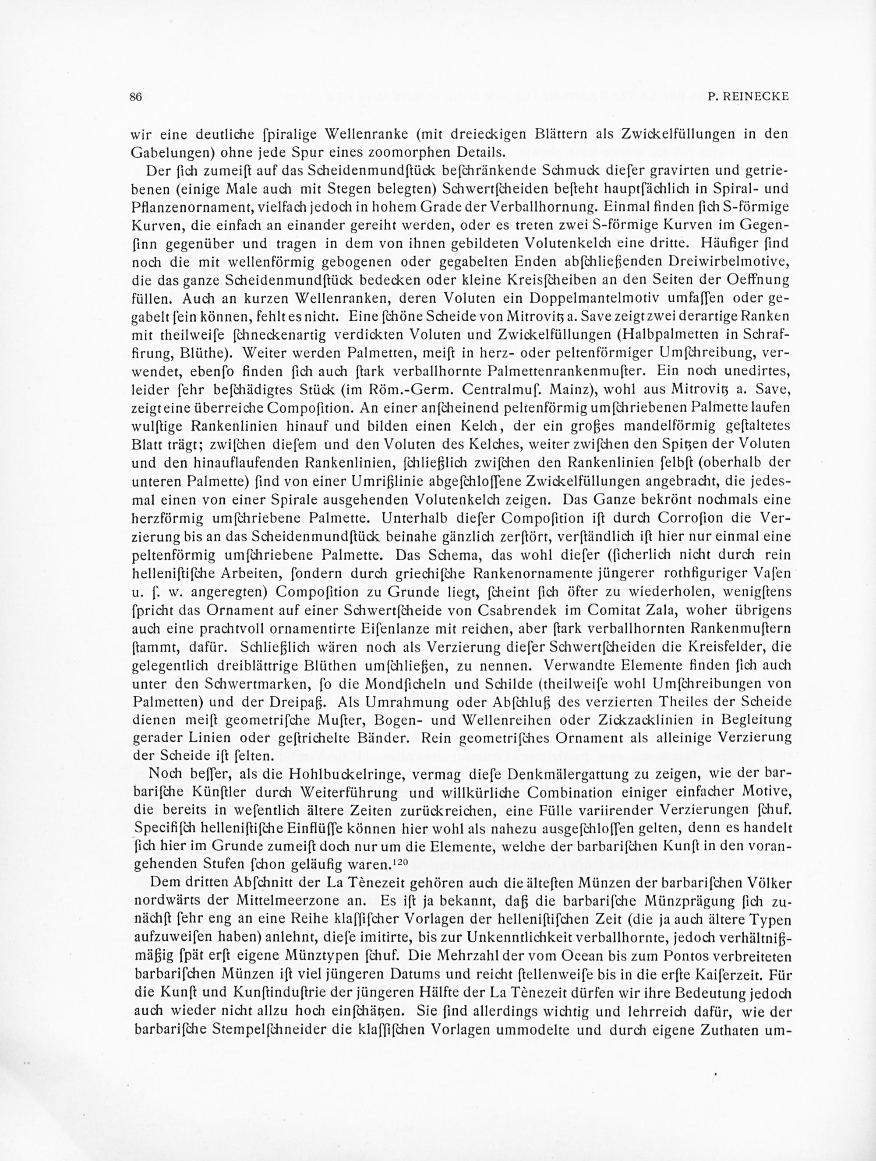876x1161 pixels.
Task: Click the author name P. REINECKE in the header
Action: (749, 97)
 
